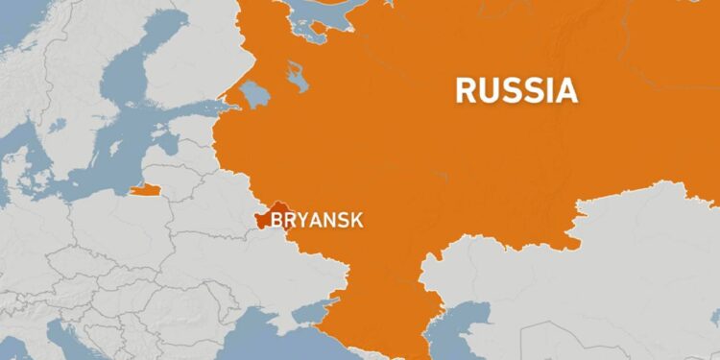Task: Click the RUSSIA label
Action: (516, 89)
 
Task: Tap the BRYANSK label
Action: (317, 220)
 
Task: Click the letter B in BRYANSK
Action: (276, 220)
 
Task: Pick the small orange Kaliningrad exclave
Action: (145, 189)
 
